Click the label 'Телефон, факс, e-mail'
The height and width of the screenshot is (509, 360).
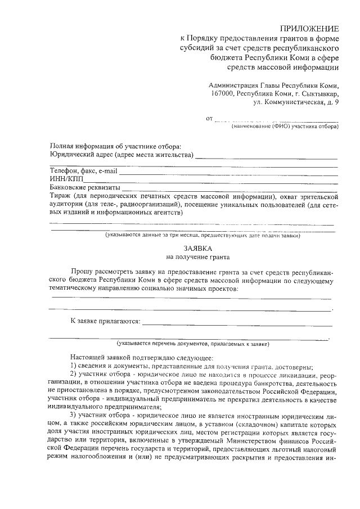[83, 170]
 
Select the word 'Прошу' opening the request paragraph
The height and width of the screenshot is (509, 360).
[83, 271]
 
